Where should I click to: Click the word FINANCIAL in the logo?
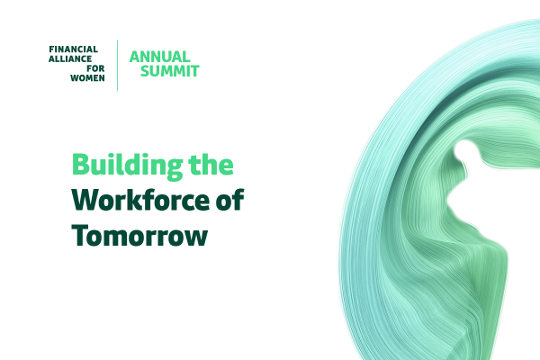tap(74, 49)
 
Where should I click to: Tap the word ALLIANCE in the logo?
tap(70, 58)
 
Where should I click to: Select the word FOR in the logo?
tap(95, 68)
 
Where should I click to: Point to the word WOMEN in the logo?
tap(87, 78)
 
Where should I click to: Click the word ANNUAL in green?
tap(160, 57)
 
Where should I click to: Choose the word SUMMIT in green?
tap(170, 71)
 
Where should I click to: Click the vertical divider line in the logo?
tap(117, 66)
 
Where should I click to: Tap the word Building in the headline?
tap(127, 166)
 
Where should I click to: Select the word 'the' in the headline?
tap(211, 164)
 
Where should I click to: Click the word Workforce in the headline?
tap(140, 200)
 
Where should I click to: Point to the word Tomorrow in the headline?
tap(139, 235)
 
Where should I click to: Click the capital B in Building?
tap(80, 165)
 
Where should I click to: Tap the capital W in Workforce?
tap(85, 200)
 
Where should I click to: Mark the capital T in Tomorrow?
tap(79, 235)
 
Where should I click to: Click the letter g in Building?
tap(175, 169)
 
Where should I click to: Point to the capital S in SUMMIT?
tap(145, 71)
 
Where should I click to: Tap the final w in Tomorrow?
tap(196, 238)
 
